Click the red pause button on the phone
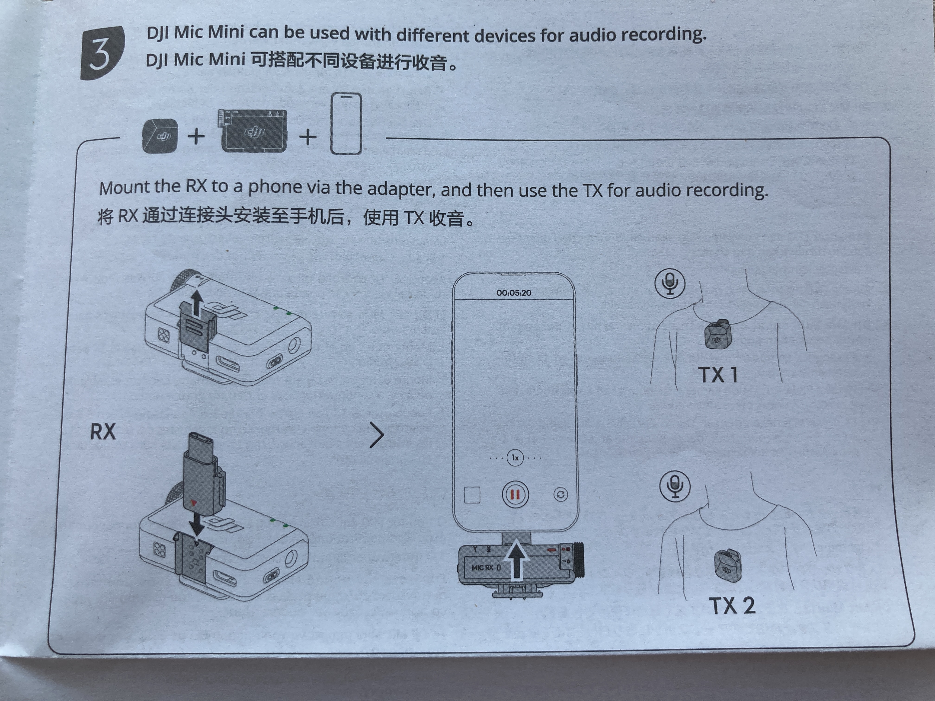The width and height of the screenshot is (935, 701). (x=515, y=494)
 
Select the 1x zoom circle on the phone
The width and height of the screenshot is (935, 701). (x=515, y=458)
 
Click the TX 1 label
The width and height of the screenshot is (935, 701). (x=718, y=375)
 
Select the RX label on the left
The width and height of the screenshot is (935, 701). (x=103, y=432)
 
